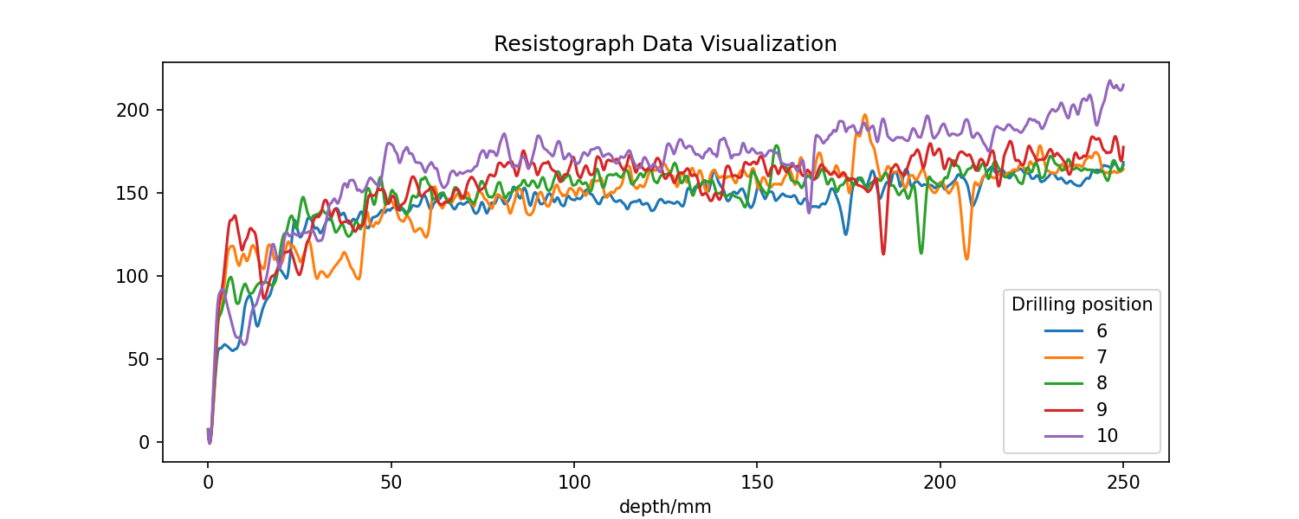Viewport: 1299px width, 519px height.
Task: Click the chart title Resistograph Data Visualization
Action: pos(665,44)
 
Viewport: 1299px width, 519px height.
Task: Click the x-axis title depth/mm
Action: pos(665,508)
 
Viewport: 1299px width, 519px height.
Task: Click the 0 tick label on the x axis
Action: pos(208,482)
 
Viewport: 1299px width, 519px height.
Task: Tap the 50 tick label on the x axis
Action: pos(391,482)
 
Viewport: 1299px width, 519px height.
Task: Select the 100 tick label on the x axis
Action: pos(574,482)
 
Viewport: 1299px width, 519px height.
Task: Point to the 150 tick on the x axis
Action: pos(757,482)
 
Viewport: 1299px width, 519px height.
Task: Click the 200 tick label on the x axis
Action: pos(940,482)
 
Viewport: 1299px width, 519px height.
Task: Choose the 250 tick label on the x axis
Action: pos(1123,482)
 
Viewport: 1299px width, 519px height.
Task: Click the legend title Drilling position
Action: pos(1082,304)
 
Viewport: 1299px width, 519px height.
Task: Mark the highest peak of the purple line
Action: pos(1109,81)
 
